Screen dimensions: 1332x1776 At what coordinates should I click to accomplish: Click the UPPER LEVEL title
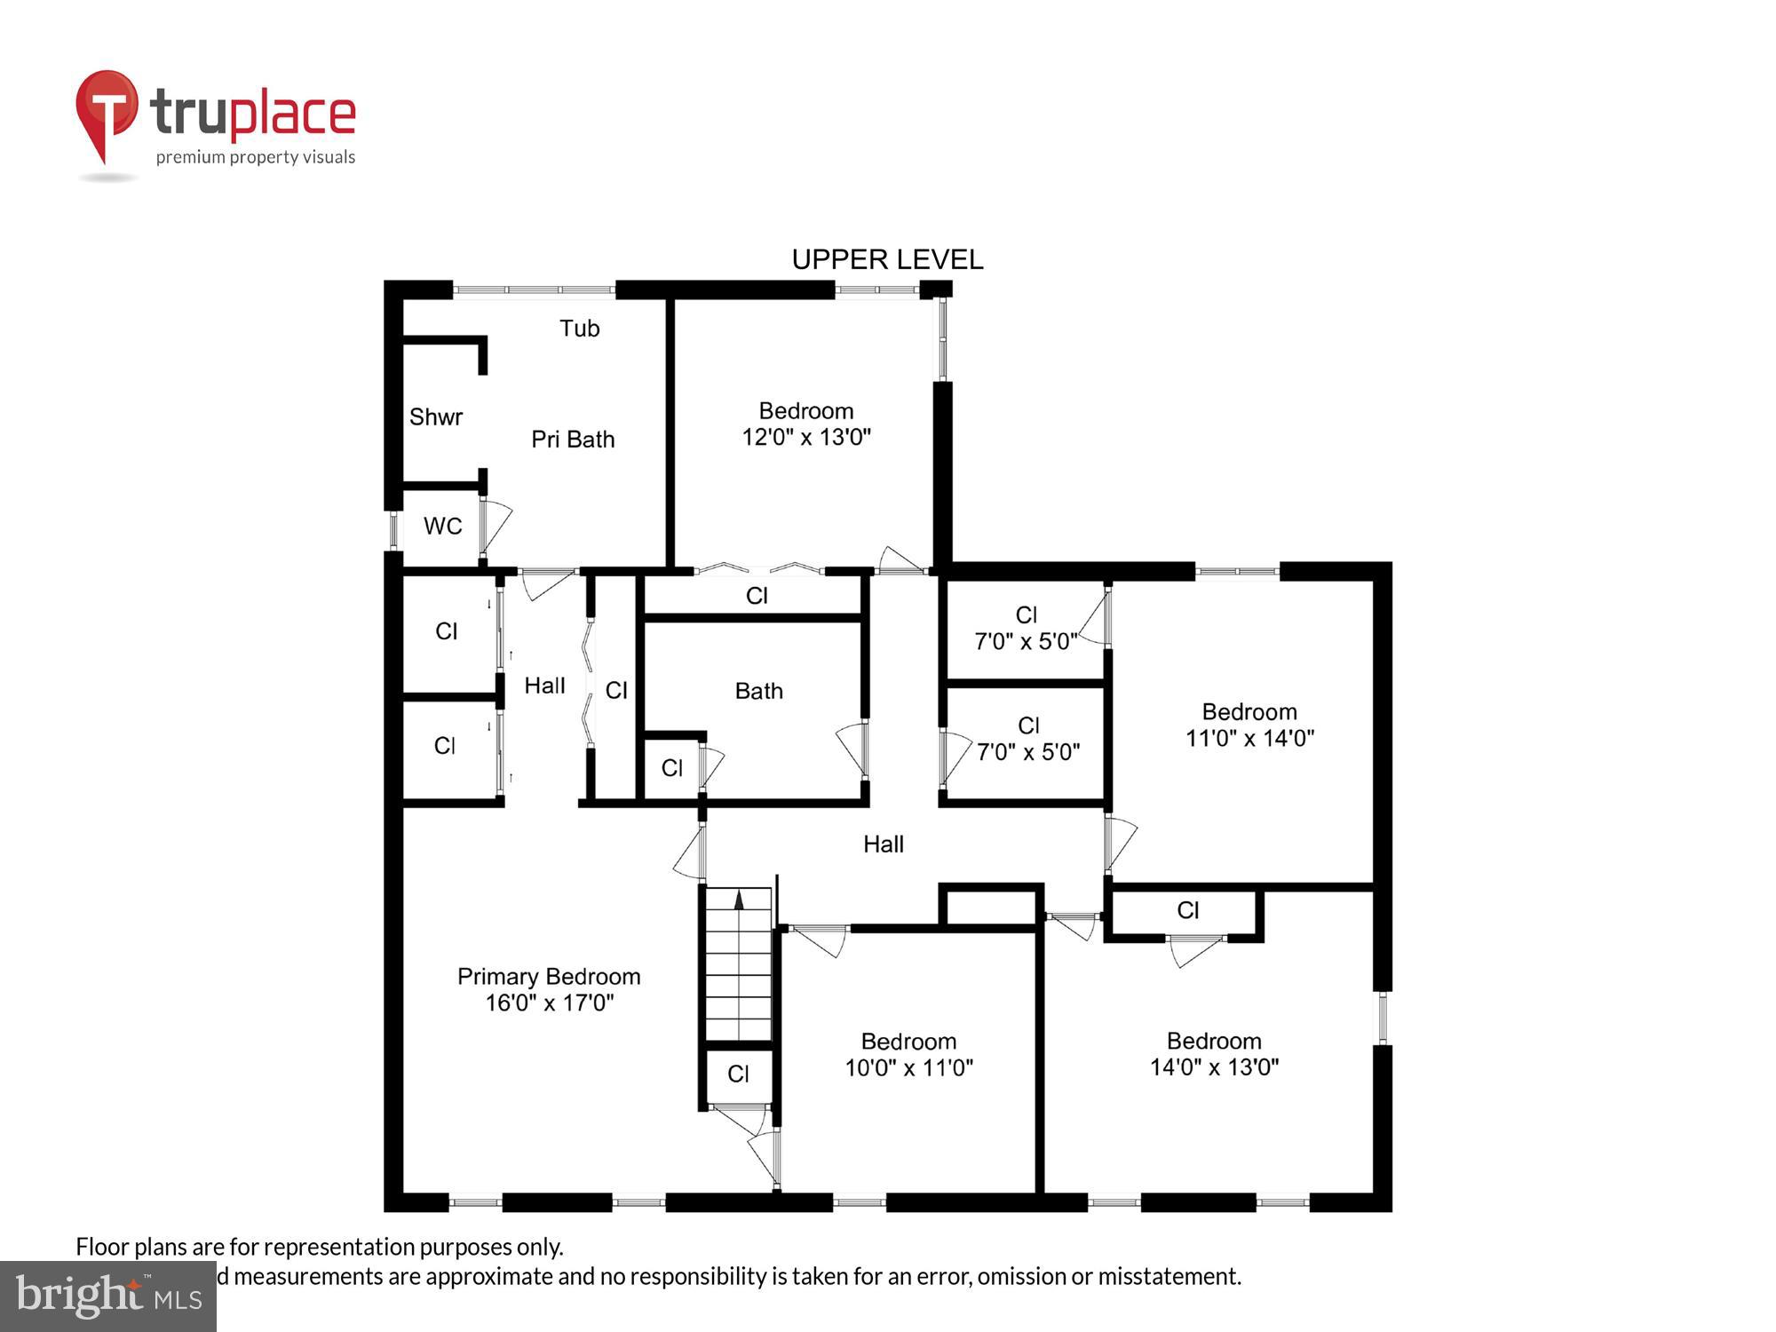click(887, 259)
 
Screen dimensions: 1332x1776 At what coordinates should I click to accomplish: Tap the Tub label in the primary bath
click(579, 329)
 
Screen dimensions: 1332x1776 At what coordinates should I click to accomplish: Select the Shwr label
click(435, 416)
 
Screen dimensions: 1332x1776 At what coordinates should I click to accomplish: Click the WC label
click(442, 526)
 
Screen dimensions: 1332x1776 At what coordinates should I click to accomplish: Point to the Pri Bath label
click(573, 439)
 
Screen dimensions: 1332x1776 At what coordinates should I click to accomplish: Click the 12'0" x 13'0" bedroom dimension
click(806, 437)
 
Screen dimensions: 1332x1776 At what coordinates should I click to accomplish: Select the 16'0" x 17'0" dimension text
click(549, 1003)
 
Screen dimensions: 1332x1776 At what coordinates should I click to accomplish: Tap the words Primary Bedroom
click(549, 976)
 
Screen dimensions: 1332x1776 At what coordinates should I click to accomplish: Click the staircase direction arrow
click(739, 900)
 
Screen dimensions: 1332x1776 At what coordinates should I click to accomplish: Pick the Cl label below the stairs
click(738, 1074)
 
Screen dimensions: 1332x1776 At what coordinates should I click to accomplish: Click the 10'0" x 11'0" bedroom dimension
click(908, 1067)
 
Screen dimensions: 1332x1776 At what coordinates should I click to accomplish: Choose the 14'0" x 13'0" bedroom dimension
click(1214, 1066)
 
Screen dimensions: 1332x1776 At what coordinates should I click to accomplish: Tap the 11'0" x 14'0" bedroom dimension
click(1249, 738)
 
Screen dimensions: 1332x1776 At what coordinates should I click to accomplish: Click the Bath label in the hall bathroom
click(758, 691)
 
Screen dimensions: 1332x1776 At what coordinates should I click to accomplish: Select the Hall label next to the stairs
click(883, 844)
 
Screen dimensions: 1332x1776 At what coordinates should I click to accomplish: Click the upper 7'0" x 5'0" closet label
click(1026, 641)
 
